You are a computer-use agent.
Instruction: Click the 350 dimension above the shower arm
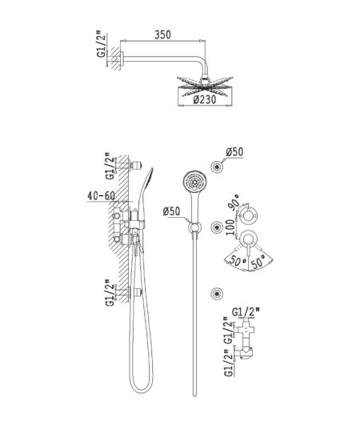pos(162,34)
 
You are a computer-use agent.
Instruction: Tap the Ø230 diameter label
pos(205,99)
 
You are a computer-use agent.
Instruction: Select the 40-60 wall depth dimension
pos(101,195)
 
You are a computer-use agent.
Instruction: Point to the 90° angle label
pos(235,201)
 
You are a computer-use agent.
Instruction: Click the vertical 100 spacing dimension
pos(230,227)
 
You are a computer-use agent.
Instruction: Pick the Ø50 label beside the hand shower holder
pos(171,211)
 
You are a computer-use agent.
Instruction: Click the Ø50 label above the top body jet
pos(234,152)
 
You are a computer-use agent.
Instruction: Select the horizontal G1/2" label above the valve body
pos(246,312)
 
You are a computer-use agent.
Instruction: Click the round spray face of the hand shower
pos(194,180)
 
